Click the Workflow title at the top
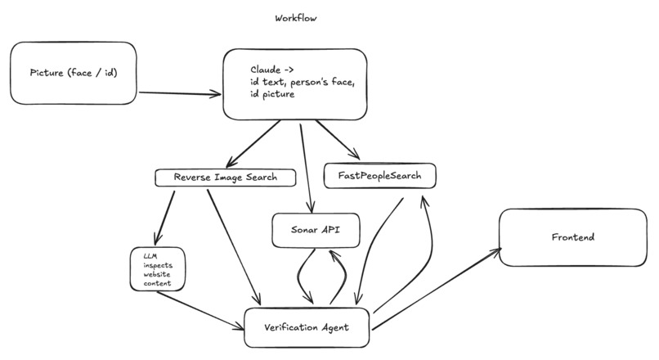pyautogui.click(x=297, y=18)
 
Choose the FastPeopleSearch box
pyautogui.click(x=379, y=175)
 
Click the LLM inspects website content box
pyautogui.click(x=158, y=269)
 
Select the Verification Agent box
pyautogui.click(x=307, y=327)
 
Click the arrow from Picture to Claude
pyautogui.click(x=180, y=93)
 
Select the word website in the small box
pyautogui.click(x=156, y=274)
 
